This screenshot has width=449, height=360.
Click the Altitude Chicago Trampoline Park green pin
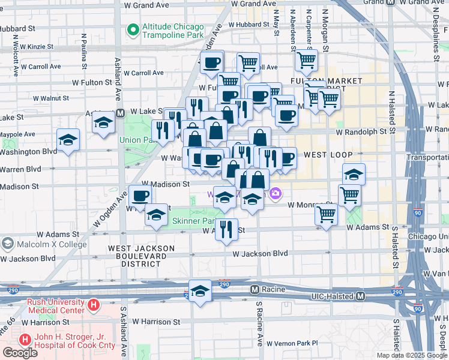[x=132, y=29]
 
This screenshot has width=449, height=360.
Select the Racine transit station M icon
[x=255, y=289]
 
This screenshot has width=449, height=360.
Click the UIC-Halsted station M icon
[x=361, y=296]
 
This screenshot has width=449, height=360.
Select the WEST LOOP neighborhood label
[x=328, y=155]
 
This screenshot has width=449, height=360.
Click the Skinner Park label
[x=194, y=221]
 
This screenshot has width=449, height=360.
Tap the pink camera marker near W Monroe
[x=276, y=193]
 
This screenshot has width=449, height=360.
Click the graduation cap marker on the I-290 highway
[x=200, y=290]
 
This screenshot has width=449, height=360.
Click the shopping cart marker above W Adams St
[x=327, y=213]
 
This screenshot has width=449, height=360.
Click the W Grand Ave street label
[x=146, y=5]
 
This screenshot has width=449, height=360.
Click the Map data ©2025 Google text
[x=412, y=355]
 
